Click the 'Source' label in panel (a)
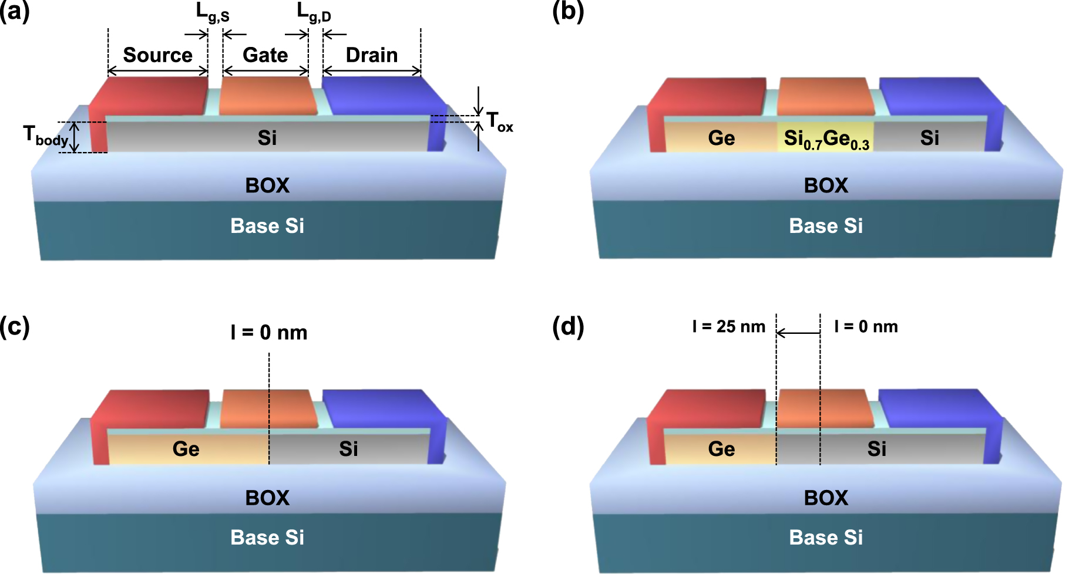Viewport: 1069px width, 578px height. tap(157, 55)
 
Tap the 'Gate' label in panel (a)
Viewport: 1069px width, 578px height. tap(265, 55)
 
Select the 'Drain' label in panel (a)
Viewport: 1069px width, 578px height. tap(371, 55)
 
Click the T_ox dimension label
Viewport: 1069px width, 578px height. tap(499, 123)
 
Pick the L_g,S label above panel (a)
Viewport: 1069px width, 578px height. tap(212, 12)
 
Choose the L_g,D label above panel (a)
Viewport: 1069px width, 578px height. tap(314, 12)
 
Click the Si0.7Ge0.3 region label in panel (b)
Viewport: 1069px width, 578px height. tap(826, 139)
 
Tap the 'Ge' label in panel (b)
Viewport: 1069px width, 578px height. tap(721, 138)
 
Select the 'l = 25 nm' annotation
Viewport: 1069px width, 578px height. tap(728, 327)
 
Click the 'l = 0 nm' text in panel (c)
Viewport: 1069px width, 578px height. tap(268, 333)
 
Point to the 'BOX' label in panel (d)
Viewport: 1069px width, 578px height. tap(826, 498)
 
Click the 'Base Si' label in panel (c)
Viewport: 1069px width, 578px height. tap(267, 538)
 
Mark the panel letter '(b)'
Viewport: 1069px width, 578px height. tap(568, 12)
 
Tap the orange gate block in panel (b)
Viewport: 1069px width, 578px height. tap(825, 97)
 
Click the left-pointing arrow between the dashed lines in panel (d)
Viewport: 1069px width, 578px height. tap(798, 333)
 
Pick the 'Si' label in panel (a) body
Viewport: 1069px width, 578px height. tap(267, 138)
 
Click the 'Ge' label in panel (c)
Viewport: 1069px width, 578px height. tap(186, 449)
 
